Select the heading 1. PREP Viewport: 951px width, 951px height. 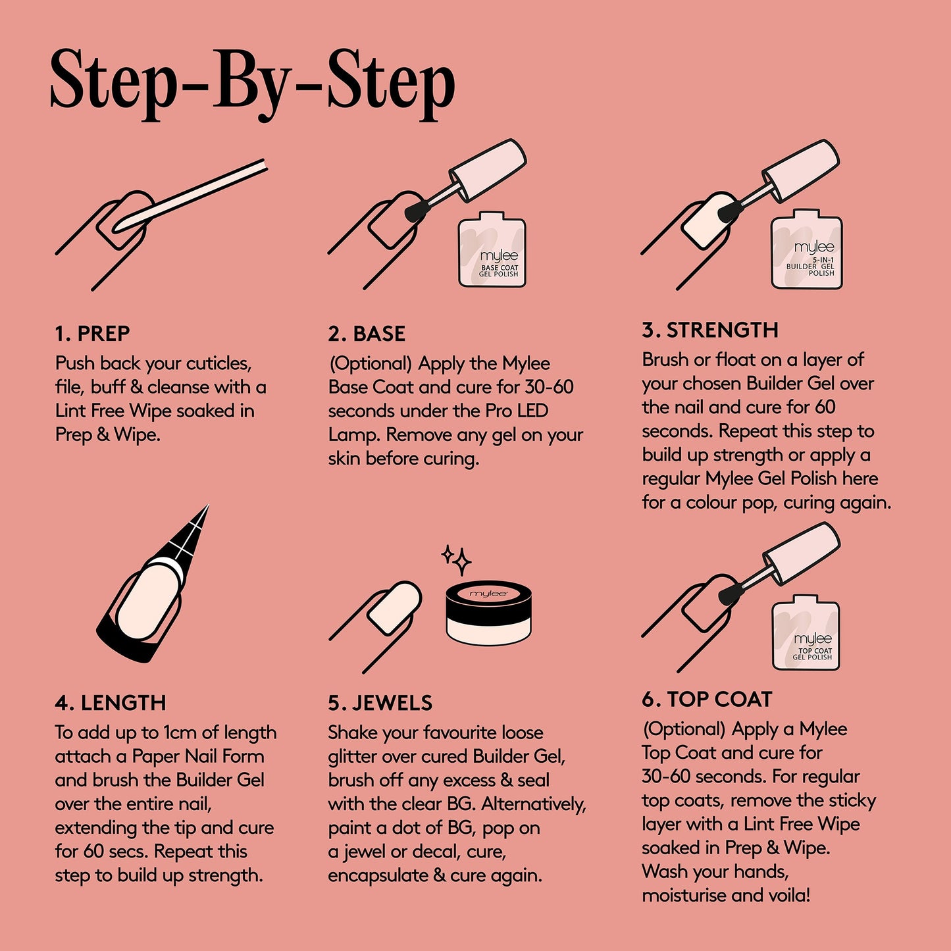[x=92, y=334]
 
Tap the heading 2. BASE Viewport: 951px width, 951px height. [x=367, y=334]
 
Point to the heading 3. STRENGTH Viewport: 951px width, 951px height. [x=710, y=330]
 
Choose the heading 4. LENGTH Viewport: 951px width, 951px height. [x=110, y=703]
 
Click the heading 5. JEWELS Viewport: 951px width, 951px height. [x=380, y=703]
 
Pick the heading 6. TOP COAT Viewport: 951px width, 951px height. [x=707, y=699]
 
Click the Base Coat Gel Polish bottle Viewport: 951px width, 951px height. [x=492, y=250]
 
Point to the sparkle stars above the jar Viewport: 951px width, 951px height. [x=457, y=559]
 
